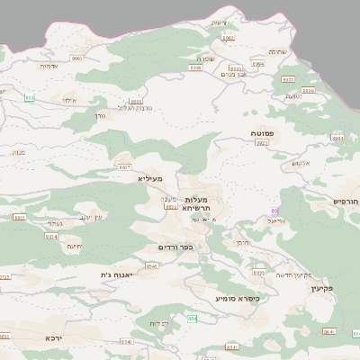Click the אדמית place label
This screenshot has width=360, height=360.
coord(48,65)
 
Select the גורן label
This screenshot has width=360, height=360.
coord(98,116)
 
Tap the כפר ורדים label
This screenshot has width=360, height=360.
coord(175,247)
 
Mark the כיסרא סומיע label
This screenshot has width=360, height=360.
coord(238,298)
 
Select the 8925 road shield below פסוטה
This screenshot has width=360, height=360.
coord(262,143)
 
